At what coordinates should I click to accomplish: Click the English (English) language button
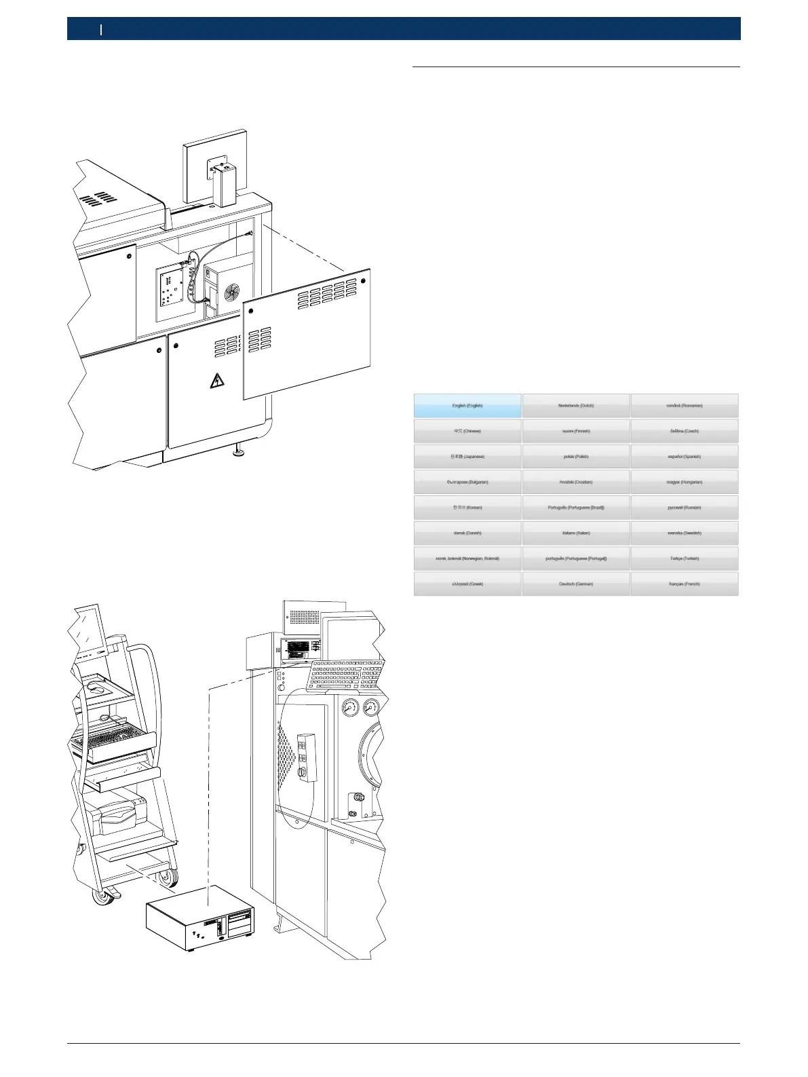(467, 406)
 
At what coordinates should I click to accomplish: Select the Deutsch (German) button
(576, 584)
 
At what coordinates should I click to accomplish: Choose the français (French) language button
(684, 584)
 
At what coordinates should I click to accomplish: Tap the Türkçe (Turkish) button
(684, 559)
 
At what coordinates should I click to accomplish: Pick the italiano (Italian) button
(576, 533)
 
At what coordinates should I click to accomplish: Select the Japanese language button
(467, 457)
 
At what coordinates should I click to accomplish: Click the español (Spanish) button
(684, 457)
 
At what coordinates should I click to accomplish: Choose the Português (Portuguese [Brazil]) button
(576, 508)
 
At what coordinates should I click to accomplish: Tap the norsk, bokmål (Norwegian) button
(467, 559)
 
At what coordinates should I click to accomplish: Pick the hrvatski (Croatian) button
(576, 482)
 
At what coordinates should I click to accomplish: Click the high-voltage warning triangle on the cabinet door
(218, 381)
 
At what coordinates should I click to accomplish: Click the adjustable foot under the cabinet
(238, 451)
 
